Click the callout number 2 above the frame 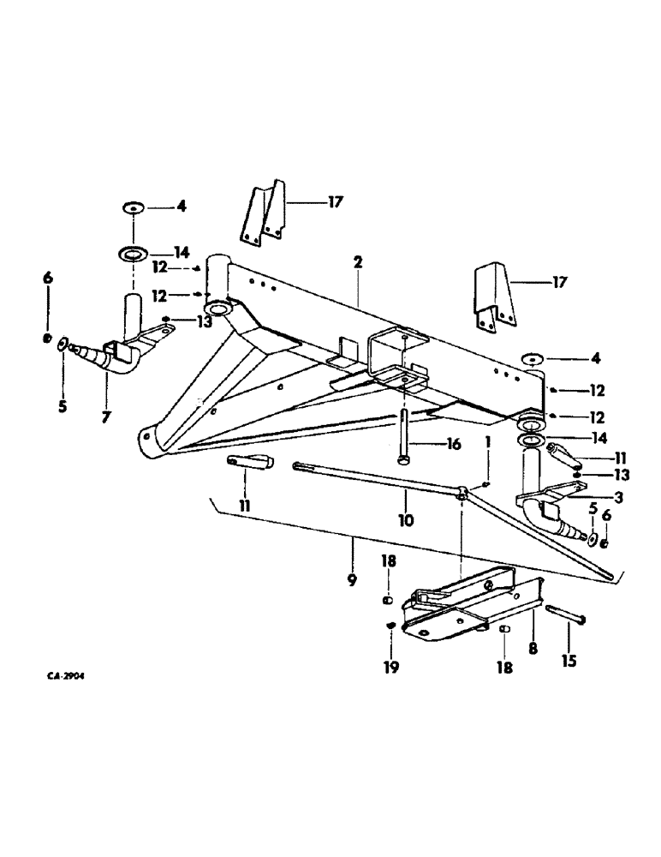357,263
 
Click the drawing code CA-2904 65,675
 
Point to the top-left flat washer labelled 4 134,207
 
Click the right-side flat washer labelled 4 531,358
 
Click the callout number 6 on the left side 48,278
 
